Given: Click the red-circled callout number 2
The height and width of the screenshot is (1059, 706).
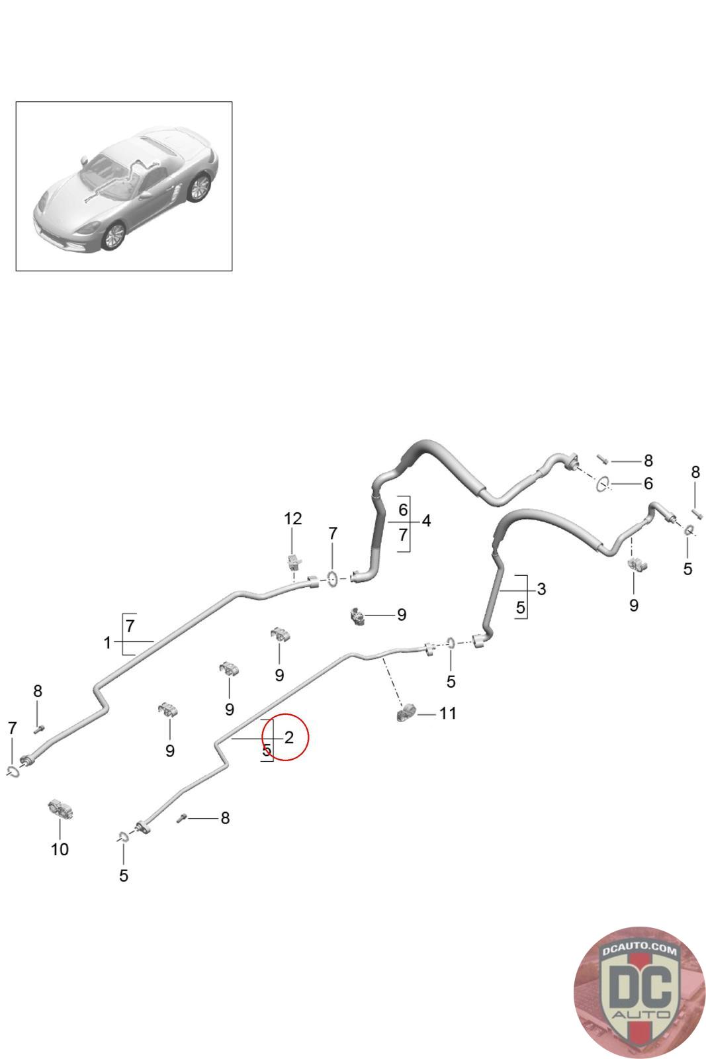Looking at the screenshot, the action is [x=288, y=737].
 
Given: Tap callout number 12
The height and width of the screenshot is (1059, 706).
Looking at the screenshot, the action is [x=292, y=519].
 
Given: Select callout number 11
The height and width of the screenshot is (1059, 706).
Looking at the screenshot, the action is [x=448, y=714].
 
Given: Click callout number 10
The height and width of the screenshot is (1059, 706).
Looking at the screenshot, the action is [x=60, y=849].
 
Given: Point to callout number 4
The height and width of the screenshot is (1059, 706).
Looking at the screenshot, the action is [x=426, y=521].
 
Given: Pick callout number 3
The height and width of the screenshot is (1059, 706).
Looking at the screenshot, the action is [x=541, y=589].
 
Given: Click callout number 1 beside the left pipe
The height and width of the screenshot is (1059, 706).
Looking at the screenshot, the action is [x=107, y=642].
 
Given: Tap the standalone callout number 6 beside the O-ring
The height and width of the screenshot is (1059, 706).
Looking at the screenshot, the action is [x=648, y=484].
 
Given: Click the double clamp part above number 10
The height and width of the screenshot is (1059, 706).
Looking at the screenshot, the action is [x=60, y=809].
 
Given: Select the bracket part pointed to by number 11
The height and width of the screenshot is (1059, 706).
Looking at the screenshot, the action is [x=405, y=714].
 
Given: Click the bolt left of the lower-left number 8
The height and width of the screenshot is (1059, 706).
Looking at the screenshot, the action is [x=182, y=819].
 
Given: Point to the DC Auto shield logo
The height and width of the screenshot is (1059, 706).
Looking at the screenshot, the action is [x=639, y=991].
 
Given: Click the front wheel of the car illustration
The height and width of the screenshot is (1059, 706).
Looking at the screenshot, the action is [x=114, y=236].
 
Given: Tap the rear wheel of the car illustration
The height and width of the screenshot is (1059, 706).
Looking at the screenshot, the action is [x=199, y=187].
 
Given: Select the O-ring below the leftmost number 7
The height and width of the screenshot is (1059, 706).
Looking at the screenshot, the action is [x=13, y=771].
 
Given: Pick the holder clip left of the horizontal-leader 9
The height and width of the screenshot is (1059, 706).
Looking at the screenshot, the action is [x=357, y=616].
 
